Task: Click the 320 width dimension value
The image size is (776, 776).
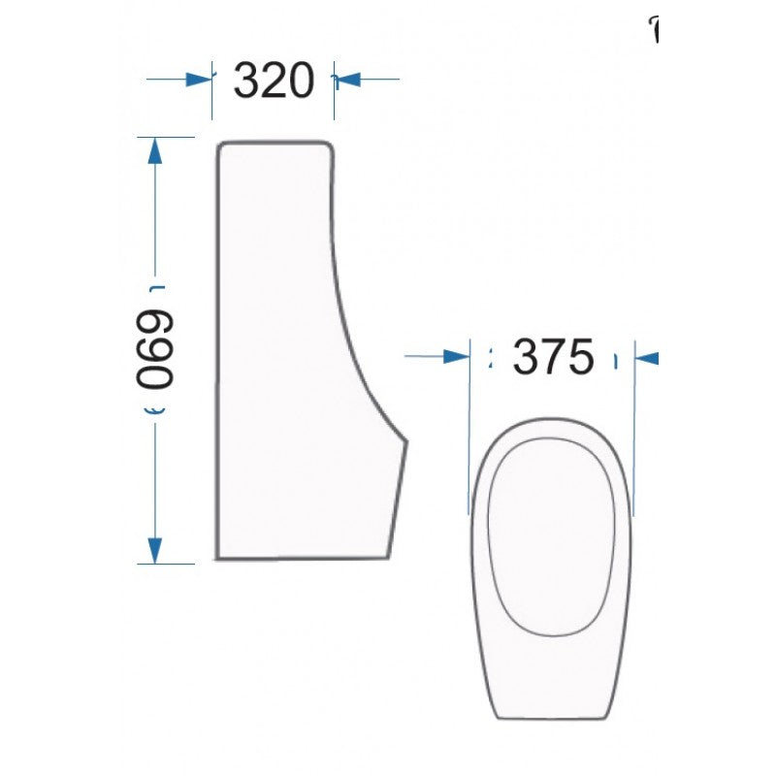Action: click(x=275, y=81)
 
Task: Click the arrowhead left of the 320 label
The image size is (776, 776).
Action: click(x=199, y=80)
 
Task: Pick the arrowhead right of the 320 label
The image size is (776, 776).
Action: click(x=346, y=80)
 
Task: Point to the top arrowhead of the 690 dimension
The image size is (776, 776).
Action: click(x=153, y=151)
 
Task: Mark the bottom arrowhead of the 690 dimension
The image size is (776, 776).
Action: click(x=153, y=550)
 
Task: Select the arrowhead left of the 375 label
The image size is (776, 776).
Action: click(x=456, y=357)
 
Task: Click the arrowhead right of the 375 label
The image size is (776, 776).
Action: click(x=647, y=358)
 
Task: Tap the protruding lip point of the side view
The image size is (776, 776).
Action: click(x=405, y=441)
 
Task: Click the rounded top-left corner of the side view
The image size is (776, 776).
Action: click(x=222, y=146)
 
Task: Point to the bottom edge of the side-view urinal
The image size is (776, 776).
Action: click(x=301, y=559)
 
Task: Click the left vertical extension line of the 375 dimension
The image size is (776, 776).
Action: click(x=469, y=427)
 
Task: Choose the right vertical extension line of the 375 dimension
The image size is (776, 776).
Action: click(x=634, y=427)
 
